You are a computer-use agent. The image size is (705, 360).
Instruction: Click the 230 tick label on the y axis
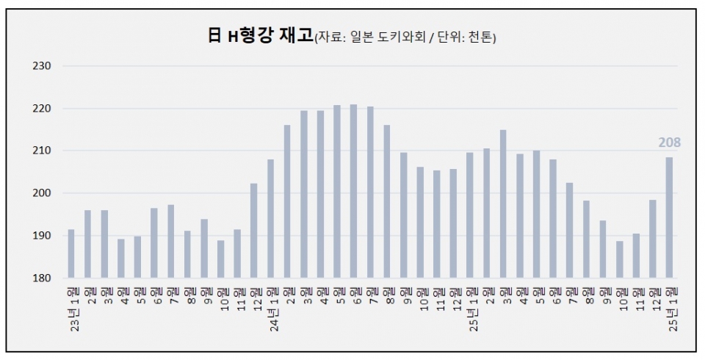[x=42, y=66]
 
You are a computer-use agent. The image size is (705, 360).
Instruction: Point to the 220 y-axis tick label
[x=42, y=109]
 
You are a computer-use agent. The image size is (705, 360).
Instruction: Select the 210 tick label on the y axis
[x=42, y=151]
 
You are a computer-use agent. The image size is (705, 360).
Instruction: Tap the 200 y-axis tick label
[x=42, y=193]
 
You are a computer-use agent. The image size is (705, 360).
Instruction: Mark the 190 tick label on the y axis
[x=42, y=236]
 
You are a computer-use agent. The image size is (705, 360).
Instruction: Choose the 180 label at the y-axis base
[x=42, y=278]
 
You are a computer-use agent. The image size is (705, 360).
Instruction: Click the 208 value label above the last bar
[x=669, y=142]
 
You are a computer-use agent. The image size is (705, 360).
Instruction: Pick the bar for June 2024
[x=354, y=191]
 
